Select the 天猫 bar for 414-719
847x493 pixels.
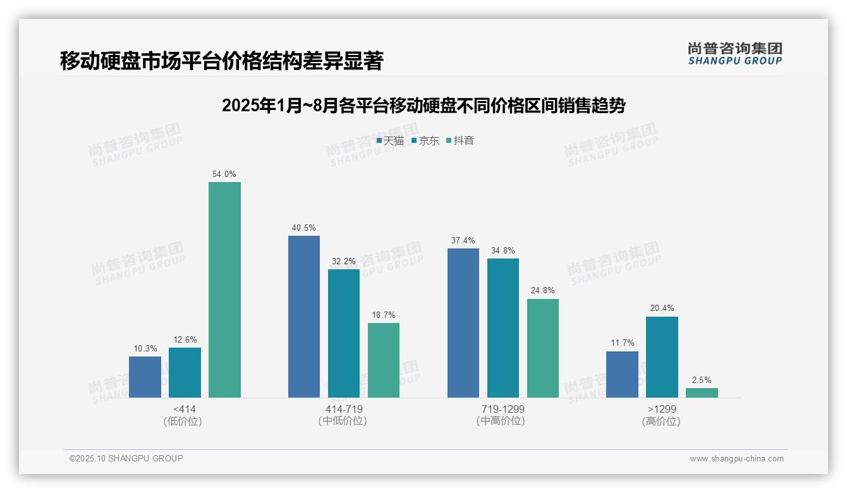[304, 316]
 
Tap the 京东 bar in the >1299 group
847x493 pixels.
[662, 356]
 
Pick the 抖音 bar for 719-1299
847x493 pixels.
[543, 348]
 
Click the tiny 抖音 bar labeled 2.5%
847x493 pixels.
[702, 393]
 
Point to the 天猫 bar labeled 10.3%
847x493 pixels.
[145, 377]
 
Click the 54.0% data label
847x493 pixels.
[224, 174]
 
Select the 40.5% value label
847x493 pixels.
[304, 228]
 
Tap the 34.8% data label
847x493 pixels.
[503, 250]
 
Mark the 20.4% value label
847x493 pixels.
[662, 308]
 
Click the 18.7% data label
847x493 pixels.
[384, 315]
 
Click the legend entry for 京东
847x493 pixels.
[425, 140]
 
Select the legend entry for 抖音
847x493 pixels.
[460, 140]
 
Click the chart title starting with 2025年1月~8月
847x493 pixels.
[423, 106]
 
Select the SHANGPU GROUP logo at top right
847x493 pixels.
[734, 54]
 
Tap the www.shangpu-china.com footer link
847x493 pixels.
[736, 458]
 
